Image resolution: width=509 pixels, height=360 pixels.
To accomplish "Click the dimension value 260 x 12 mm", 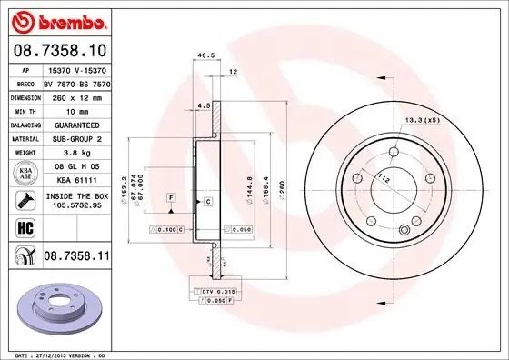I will [75, 95].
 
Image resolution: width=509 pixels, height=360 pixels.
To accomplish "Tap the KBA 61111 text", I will [75, 181].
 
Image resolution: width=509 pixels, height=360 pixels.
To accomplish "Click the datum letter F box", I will [170, 197].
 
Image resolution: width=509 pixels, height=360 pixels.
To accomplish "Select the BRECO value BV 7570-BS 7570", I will [75, 82].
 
